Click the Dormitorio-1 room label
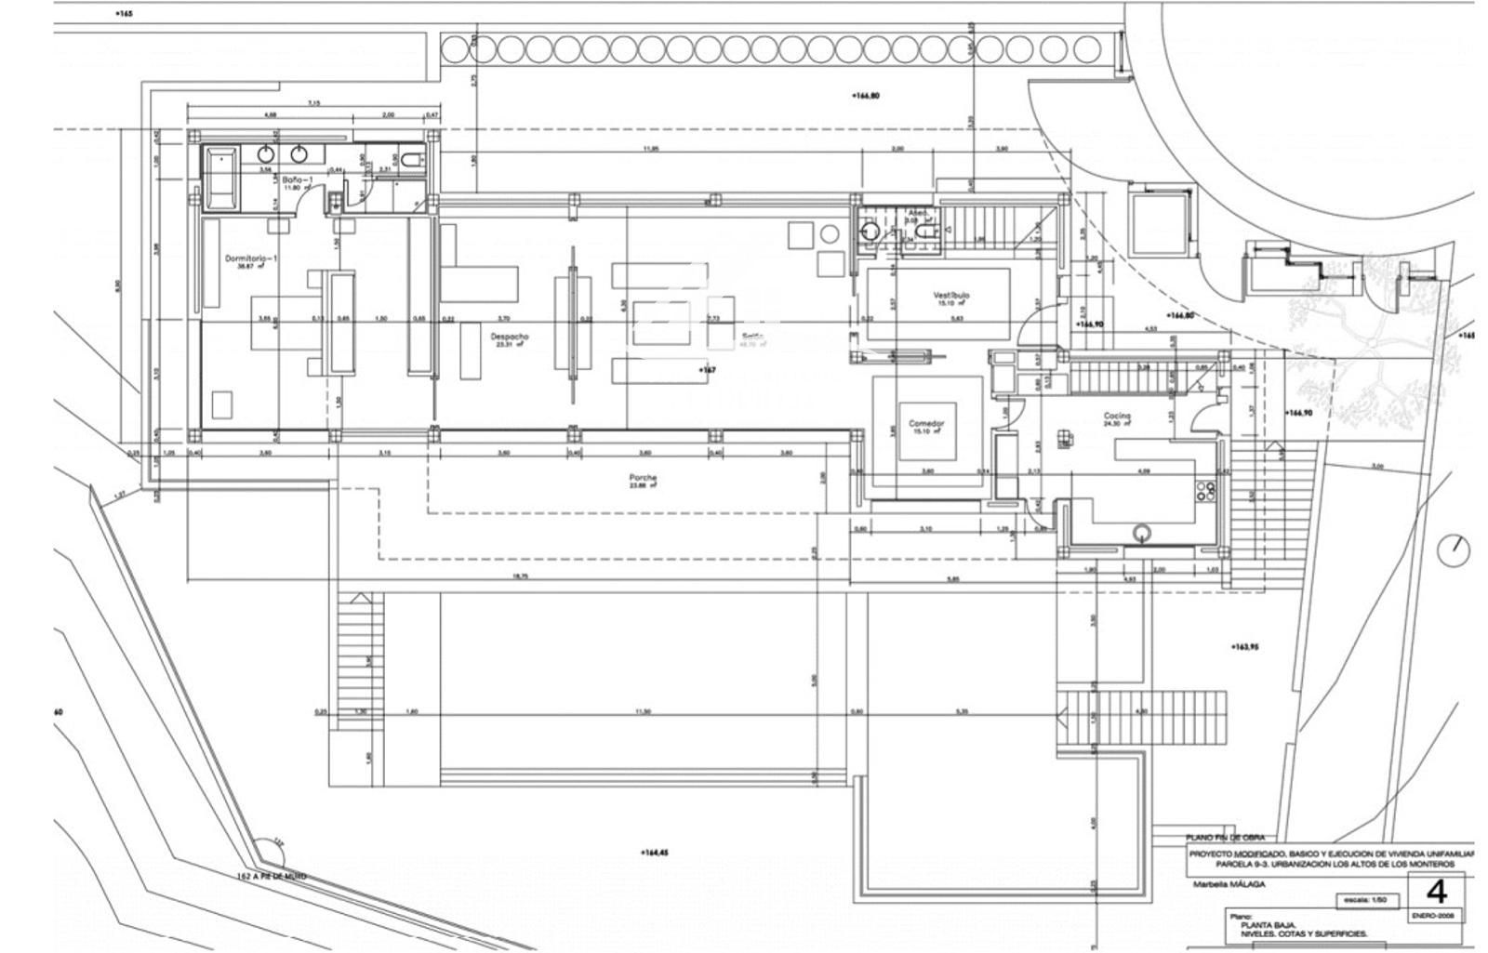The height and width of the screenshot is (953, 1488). click(251, 258)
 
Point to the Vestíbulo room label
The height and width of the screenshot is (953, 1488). click(951, 296)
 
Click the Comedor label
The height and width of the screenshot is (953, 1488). click(926, 423)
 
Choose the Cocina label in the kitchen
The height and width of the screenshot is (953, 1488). click(1117, 416)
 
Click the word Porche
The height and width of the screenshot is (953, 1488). click(643, 478)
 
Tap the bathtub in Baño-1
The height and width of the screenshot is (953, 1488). click(221, 177)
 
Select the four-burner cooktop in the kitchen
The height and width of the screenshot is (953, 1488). click(1206, 491)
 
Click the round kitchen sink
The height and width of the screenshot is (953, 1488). click(1141, 533)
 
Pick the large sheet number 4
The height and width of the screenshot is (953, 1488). click(1437, 892)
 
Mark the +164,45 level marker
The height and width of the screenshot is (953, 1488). click(655, 853)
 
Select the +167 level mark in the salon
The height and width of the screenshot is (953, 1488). click(708, 370)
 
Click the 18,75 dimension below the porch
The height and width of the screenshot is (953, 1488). click(520, 576)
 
